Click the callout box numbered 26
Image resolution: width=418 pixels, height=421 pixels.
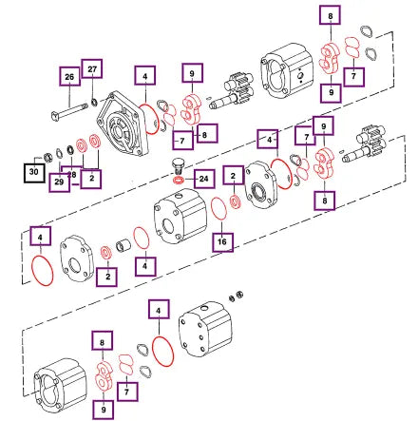tap(69, 76)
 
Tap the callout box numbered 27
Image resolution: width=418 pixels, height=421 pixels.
tap(92, 68)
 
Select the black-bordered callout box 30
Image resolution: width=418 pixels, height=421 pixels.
tap(34, 172)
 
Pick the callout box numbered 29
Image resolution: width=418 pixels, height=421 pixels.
tap(59, 182)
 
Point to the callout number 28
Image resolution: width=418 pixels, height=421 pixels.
tap(73, 175)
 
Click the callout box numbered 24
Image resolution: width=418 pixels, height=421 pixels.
tap(203, 179)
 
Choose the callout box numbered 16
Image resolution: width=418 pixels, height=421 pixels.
tap(222, 242)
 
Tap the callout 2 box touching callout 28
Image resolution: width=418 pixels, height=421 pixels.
tap(91, 178)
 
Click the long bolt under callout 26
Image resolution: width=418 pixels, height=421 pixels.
tap(69, 111)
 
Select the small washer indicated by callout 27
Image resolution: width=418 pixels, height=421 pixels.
tap(94, 102)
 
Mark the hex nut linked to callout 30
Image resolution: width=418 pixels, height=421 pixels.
tap(47, 157)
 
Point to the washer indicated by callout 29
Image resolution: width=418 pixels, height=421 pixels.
tap(59, 153)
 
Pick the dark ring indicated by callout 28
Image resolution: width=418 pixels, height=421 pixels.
tap(70, 149)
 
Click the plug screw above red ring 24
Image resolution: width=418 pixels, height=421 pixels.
tap(178, 165)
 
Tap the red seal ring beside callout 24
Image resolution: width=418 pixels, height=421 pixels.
tap(179, 181)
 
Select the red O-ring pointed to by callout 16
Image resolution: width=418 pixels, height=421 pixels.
tap(218, 208)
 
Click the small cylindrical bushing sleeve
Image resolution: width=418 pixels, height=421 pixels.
tap(123, 245)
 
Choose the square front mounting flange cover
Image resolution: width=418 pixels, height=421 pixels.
tap(123, 124)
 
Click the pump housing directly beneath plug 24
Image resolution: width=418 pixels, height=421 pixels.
tap(180, 217)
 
